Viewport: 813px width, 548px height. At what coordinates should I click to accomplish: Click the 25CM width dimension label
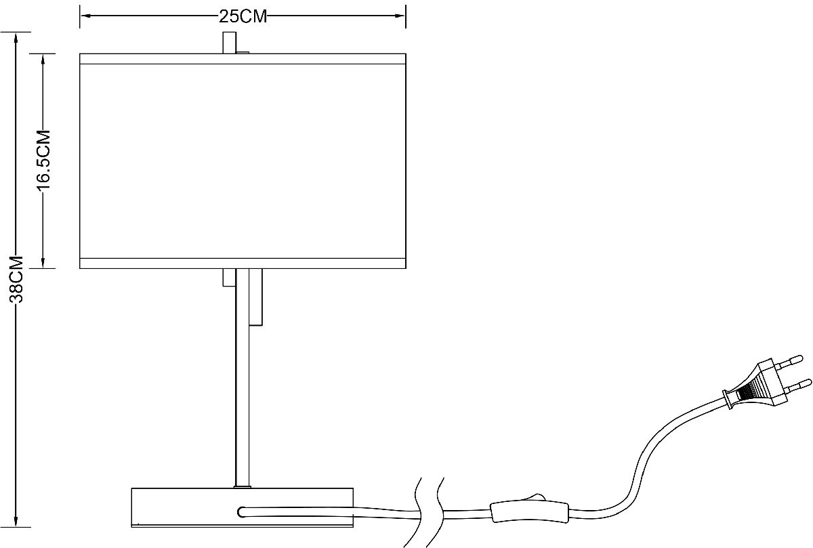coord(243,16)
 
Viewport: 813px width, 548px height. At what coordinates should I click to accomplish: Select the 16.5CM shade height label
coord(43,160)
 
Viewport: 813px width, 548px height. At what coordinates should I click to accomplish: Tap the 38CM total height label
coord(16,280)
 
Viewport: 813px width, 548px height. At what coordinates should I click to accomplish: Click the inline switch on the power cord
coord(530,511)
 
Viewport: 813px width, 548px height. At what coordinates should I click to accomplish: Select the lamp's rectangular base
coord(242,507)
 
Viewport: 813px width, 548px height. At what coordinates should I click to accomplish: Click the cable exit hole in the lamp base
coord(242,512)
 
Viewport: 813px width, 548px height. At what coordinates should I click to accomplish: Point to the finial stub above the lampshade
coord(230,43)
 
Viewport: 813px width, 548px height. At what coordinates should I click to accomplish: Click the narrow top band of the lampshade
coord(243,59)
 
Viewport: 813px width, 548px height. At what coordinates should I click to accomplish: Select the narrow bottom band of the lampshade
coord(243,264)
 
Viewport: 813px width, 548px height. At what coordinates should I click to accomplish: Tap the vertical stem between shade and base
coord(243,378)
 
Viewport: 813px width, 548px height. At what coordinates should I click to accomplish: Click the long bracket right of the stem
coord(256,297)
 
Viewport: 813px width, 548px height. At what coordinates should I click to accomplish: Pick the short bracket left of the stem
coord(229,278)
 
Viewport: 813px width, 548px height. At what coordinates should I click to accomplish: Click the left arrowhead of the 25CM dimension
coord(85,16)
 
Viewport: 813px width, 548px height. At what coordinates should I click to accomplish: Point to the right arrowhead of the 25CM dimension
coord(400,16)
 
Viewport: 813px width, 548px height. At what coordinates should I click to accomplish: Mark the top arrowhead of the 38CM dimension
coord(16,38)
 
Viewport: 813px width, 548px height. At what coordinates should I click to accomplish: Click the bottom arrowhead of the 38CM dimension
coord(16,521)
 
